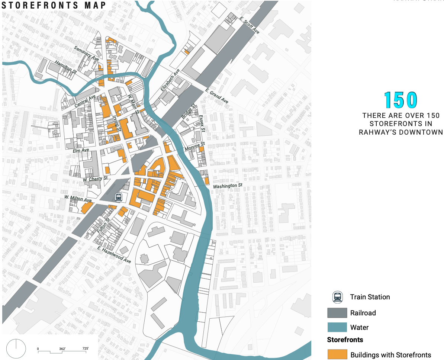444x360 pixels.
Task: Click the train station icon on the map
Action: coord(119,197)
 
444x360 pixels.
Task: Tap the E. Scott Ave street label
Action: coord(250,25)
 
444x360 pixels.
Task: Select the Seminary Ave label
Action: coord(86,54)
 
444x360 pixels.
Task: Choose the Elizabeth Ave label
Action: coord(170,80)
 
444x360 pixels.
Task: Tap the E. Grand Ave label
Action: coord(217,96)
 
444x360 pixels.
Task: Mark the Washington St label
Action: coord(228,185)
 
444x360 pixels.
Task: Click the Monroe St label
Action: coord(194,147)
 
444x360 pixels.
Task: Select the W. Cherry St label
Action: coord(95,179)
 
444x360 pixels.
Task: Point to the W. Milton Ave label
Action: coord(77,199)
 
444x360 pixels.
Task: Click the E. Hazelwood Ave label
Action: coord(114,255)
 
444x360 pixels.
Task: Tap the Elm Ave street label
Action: coord(81,150)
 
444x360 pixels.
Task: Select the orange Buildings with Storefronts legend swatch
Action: coord(337,354)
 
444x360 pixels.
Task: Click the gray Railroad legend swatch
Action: coord(337,313)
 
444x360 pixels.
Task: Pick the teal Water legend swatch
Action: coord(337,327)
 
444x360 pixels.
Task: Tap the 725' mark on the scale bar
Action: coord(85,348)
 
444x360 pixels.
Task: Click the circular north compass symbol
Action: coord(16,349)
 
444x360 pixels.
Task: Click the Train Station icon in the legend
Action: coord(337,297)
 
